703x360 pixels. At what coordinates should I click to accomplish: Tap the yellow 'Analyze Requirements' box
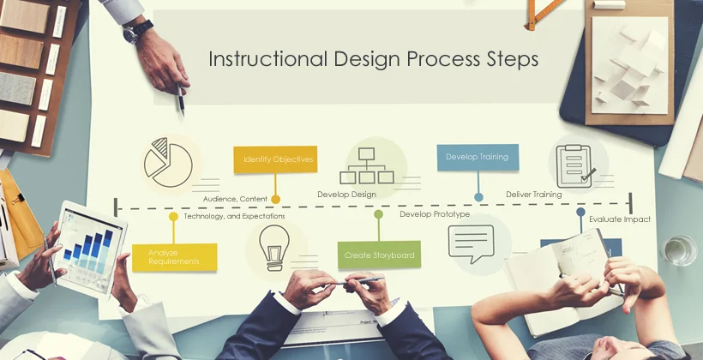[174, 257]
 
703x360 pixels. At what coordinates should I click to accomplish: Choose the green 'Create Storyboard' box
[379, 255]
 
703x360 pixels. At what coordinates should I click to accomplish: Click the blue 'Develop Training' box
[478, 158]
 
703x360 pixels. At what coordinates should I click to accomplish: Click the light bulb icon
[275, 249]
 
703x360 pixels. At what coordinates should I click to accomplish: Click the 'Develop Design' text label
[346, 195]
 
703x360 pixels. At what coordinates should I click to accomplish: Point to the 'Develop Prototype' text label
[435, 214]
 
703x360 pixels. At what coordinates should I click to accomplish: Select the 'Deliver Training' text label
[533, 195]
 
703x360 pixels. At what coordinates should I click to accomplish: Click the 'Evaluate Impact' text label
[619, 219]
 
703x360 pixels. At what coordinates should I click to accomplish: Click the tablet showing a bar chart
[89, 246]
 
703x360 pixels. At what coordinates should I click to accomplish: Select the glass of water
[679, 249]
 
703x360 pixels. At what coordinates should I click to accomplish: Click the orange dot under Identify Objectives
[275, 199]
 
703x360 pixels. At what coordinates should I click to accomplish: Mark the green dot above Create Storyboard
[378, 214]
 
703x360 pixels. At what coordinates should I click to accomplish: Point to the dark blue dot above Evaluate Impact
[580, 212]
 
